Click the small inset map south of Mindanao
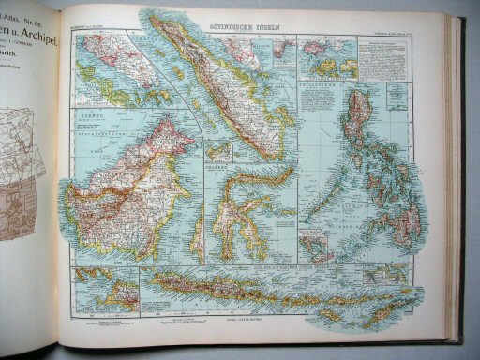pyautogui.click(x=320, y=246)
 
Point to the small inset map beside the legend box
pyautogui.click(x=327, y=56)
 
